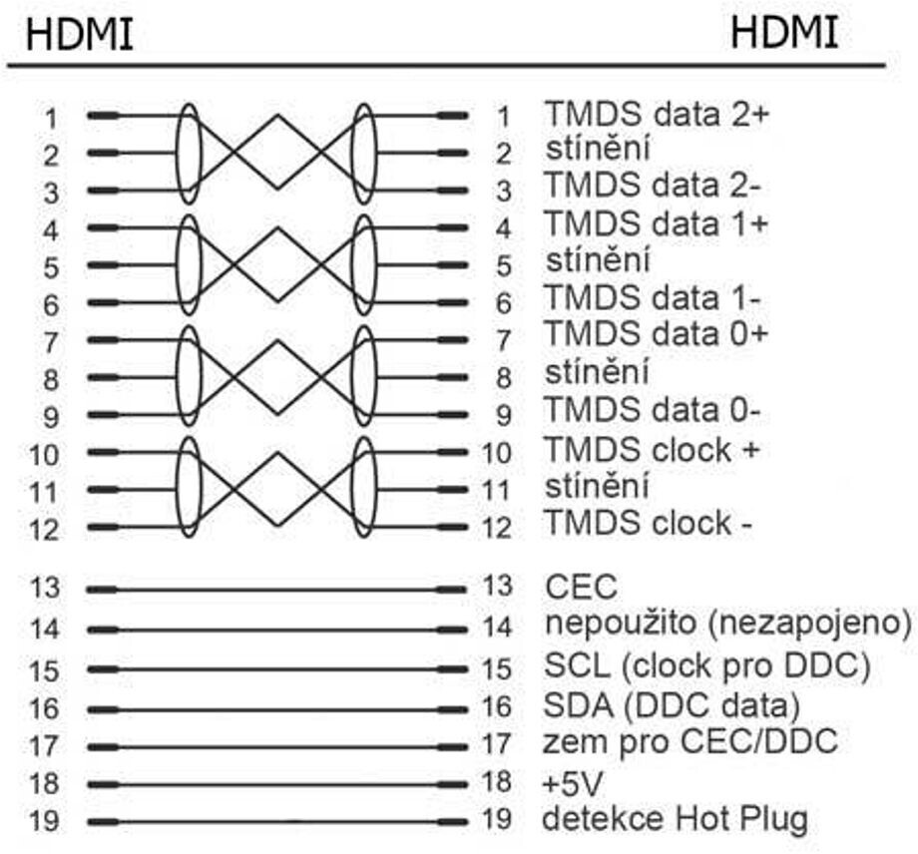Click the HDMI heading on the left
[80, 36]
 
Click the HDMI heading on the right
[784, 33]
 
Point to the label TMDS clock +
[652, 449]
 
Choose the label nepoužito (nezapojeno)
[727, 624]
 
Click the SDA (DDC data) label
[672, 705]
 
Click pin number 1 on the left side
[51, 118]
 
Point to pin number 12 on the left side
[45, 529]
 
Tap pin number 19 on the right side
[496, 820]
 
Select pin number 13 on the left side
[45, 588]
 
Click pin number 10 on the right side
[496, 453]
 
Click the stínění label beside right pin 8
[598, 373]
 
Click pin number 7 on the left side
[51, 342]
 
